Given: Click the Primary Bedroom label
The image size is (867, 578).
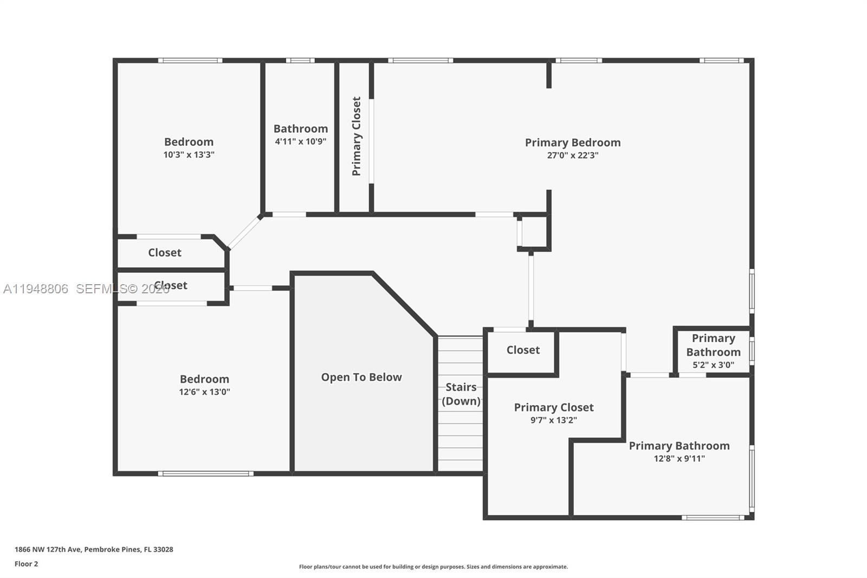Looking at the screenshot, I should click(x=572, y=143).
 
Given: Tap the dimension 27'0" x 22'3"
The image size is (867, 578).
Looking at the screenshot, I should click(x=572, y=156).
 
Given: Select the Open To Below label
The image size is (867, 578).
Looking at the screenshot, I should click(x=361, y=377).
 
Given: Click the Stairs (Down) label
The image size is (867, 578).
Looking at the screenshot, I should click(x=461, y=394).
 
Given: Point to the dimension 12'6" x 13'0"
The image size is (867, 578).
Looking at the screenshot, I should click(x=204, y=392).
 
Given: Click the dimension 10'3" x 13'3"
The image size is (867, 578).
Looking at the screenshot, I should click(x=189, y=155).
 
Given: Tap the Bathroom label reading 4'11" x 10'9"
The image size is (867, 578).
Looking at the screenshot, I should click(x=300, y=129).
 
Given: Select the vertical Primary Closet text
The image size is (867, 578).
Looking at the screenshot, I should click(x=356, y=136).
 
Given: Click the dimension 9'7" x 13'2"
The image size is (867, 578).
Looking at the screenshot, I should click(x=553, y=420).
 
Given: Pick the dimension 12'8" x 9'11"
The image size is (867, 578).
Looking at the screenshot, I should click(x=679, y=459).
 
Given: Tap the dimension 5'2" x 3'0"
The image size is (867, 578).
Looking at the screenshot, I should click(x=713, y=365).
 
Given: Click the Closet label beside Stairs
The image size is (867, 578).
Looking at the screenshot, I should click(x=523, y=350).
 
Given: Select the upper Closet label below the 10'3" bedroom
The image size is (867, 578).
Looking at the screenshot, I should click(x=165, y=253).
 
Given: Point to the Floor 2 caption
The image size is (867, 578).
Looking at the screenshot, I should click(x=26, y=564).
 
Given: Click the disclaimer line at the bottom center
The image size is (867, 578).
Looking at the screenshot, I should click(x=433, y=567).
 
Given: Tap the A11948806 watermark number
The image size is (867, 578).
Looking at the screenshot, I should click(x=36, y=289).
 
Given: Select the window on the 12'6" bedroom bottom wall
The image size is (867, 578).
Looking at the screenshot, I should click(x=205, y=473).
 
